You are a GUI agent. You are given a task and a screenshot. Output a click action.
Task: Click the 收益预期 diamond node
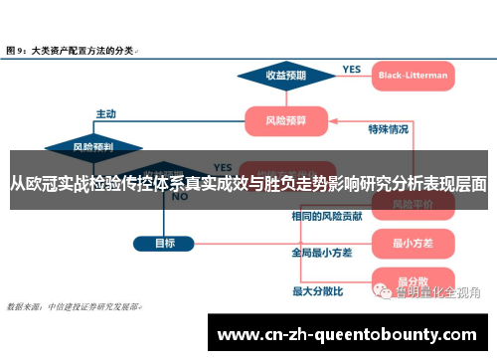click(x=285, y=76)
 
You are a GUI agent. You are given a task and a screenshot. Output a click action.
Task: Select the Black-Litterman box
click(x=413, y=75)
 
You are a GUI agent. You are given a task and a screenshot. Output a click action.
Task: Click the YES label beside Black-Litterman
click(x=351, y=70)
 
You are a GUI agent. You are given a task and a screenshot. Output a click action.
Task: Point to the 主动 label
click(x=106, y=112)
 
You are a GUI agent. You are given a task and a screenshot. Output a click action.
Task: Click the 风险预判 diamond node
click(x=91, y=146)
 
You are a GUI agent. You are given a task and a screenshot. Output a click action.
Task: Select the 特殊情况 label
click(x=388, y=129)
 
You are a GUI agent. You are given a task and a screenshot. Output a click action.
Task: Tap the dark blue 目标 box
click(x=165, y=243)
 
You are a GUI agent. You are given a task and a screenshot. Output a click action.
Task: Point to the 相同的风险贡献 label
click(x=327, y=215)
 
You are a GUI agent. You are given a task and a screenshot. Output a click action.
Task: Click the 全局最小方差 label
click(x=321, y=253)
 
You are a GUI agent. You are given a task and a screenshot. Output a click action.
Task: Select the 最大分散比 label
click(x=317, y=291)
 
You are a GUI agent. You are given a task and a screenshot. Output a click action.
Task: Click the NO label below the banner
click(x=180, y=197)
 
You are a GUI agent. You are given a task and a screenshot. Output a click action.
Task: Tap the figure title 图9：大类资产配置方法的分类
click(x=72, y=48)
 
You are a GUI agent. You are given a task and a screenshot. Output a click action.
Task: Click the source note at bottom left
click(x=75, y=306)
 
